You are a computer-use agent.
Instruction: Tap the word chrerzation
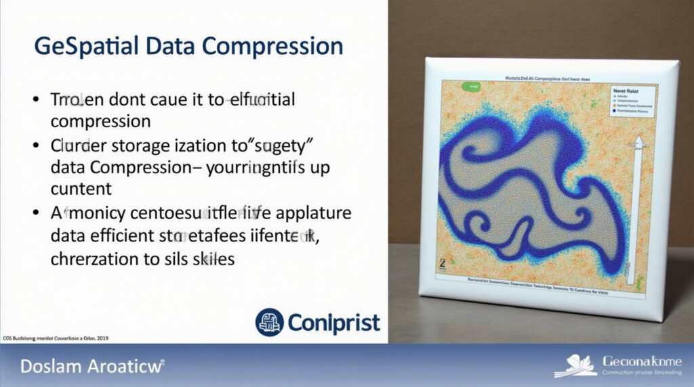[x=99, y=259]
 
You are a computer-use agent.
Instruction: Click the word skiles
[x=211, y=259]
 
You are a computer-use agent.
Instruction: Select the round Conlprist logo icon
[x=270, y=322]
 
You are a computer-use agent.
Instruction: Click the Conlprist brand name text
[x=333, y=323]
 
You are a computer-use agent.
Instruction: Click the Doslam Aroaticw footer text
[x=92, y=367]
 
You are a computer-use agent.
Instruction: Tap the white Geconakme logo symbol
[x=576, y=365]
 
